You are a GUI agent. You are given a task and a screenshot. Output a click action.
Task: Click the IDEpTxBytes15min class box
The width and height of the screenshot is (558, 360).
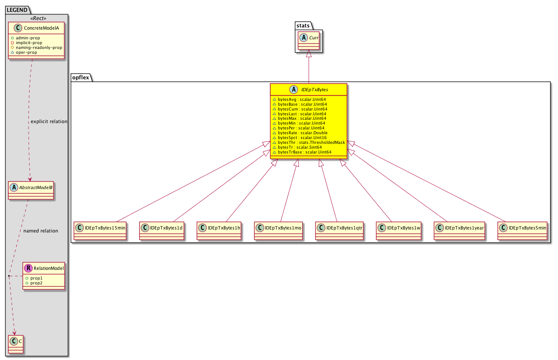pos(100,231)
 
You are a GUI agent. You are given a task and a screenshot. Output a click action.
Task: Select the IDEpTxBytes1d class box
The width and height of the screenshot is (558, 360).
pos(162,231)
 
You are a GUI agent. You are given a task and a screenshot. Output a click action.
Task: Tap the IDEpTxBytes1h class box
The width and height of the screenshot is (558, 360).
pos(219,231)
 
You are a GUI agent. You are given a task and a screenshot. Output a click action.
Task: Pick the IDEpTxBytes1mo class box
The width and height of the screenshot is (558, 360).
pos(278,231)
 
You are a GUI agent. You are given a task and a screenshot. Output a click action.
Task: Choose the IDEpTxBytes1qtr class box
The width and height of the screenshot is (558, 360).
pos(339,231)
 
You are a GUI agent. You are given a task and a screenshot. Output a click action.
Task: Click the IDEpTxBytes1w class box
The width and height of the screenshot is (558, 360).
pos(399,231)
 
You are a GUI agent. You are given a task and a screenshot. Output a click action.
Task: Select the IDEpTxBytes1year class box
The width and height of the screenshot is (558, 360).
pos(459,231)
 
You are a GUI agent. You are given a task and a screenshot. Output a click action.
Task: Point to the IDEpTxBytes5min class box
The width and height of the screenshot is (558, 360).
pos(522,231)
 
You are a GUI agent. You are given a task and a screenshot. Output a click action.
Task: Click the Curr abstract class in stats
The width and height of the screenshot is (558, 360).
pos(309,41)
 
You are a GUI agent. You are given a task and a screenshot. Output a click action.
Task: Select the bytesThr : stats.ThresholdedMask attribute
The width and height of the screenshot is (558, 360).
pos(309,143)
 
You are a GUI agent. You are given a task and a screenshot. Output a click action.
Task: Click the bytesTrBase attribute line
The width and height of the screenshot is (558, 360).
pos(302,152)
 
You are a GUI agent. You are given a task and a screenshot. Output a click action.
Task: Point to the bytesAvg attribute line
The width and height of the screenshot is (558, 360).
pos(299,99)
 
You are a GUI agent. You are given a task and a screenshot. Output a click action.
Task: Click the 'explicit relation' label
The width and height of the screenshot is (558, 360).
pos(49,121)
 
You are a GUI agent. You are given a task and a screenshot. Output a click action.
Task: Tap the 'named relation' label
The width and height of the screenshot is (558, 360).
pos(41,231)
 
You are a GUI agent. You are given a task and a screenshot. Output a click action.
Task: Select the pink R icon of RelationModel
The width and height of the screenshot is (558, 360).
pos(29,268)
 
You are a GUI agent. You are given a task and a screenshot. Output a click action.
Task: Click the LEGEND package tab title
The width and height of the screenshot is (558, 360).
pos(17,10)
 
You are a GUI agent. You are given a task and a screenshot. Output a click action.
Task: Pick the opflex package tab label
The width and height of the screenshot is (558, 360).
pos(80,77)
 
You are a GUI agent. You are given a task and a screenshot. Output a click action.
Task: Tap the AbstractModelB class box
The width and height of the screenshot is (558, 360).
pos(31,191)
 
